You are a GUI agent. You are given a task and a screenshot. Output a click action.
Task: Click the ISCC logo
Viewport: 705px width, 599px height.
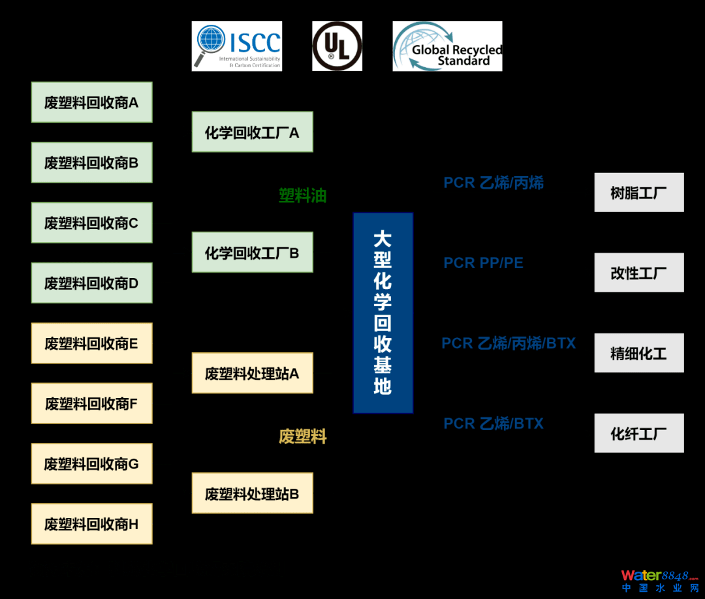(236, 46)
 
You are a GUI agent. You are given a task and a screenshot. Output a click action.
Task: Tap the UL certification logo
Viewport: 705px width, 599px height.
(337, 46)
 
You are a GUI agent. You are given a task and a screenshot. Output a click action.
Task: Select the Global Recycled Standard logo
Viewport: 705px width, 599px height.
(447, 46)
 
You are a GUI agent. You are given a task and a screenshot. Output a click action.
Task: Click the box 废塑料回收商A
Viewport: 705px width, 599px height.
(91, 102)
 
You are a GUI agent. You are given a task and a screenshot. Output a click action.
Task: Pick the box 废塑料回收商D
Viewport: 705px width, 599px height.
(91, 283)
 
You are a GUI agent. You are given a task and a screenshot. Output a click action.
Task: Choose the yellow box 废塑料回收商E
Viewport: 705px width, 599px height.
(91, 343)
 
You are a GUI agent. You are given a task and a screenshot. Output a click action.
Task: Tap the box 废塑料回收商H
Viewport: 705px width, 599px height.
(91, 524)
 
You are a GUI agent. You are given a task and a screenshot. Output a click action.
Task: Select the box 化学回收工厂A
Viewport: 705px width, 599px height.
(252, 132)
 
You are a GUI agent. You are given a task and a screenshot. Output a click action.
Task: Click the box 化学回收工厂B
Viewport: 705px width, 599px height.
(252, 253)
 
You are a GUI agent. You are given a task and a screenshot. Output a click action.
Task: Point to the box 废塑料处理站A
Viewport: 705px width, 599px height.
(252, 373)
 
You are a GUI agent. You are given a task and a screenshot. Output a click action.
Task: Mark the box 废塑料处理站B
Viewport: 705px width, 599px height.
(252, 493)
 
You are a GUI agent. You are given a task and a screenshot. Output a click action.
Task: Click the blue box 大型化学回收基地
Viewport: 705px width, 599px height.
(383, 313)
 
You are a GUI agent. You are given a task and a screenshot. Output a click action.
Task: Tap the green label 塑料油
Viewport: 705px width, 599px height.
(302, 195)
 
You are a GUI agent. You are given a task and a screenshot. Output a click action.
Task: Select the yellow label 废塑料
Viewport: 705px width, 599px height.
(302, 437)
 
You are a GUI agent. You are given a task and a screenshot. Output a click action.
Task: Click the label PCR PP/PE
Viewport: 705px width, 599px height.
(483, 263)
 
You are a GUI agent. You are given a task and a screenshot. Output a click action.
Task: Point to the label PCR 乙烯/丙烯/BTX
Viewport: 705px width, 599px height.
(509, 343)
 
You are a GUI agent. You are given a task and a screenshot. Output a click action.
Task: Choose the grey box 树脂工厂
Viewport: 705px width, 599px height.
(638, 192)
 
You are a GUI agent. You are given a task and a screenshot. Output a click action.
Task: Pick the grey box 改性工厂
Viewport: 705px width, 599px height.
(638, 273)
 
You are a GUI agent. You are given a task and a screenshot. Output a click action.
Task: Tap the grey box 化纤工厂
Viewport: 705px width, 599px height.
(638, 433)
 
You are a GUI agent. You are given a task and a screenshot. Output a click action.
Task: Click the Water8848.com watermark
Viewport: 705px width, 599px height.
(659, 579)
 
